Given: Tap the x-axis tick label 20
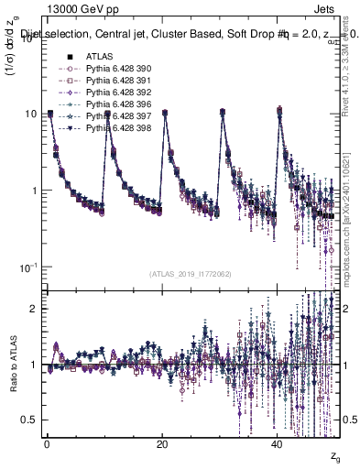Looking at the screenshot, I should (162, 443).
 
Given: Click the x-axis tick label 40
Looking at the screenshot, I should (278, 443).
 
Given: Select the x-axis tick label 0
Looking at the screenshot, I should (47, 443).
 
